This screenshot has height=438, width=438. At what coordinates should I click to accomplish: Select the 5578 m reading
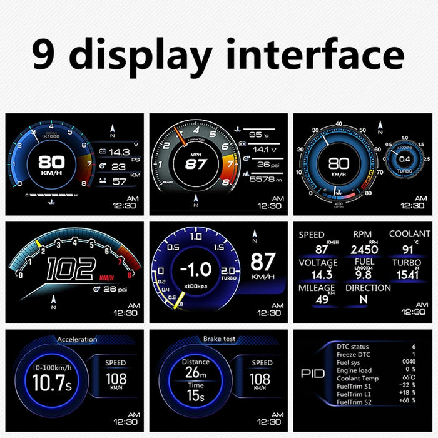click(263, 179)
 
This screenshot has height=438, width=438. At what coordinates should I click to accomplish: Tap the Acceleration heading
click(77, 340)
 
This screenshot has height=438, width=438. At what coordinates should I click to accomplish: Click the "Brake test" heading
click(220, 339)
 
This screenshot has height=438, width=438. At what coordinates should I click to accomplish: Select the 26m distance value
click(195, 374)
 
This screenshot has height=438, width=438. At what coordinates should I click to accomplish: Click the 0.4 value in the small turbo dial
click(405, 158)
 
